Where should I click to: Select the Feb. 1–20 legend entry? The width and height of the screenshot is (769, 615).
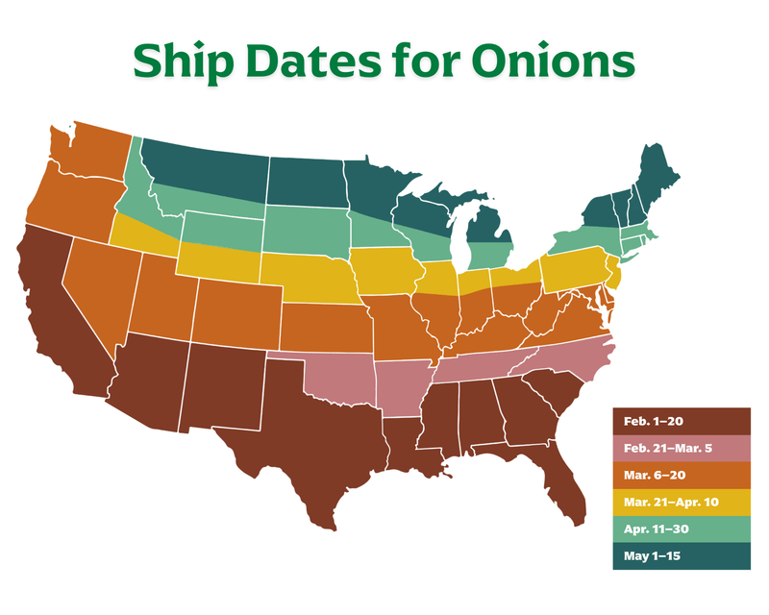pos(680,421)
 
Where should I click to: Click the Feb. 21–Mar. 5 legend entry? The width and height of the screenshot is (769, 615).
pos(680,448)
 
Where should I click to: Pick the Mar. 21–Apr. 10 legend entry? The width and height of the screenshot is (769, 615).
pos(680,501)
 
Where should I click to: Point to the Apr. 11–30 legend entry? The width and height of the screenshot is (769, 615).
pos(680,528)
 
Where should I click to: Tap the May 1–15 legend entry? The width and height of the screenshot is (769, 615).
pos(680,554)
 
